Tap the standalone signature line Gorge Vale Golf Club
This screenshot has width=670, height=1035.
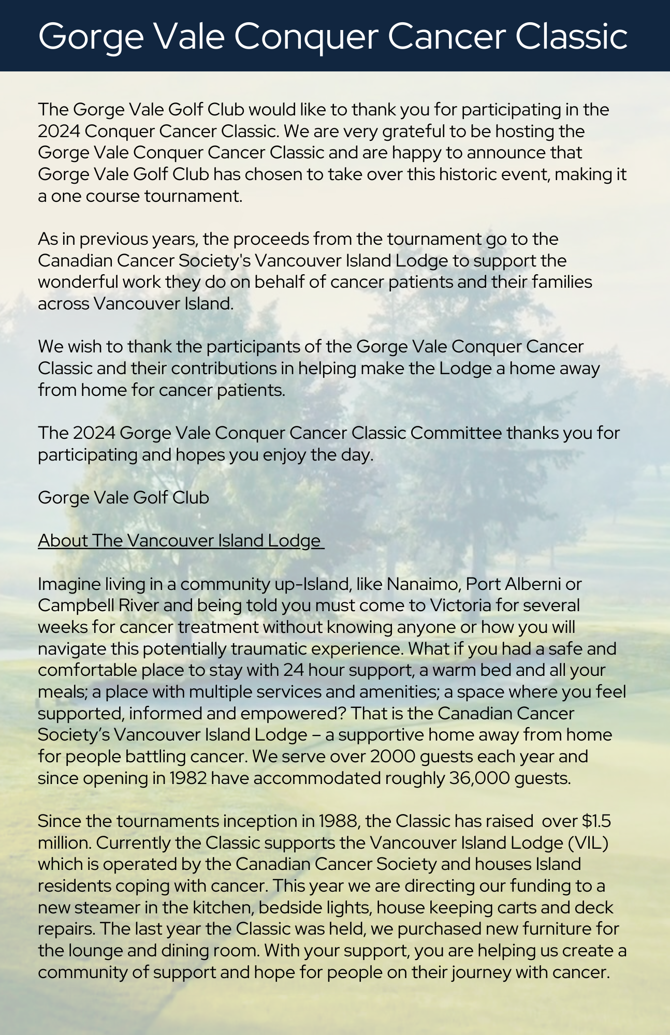123,497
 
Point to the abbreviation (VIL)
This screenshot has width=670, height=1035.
588,842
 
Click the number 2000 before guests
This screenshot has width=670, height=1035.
392,756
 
